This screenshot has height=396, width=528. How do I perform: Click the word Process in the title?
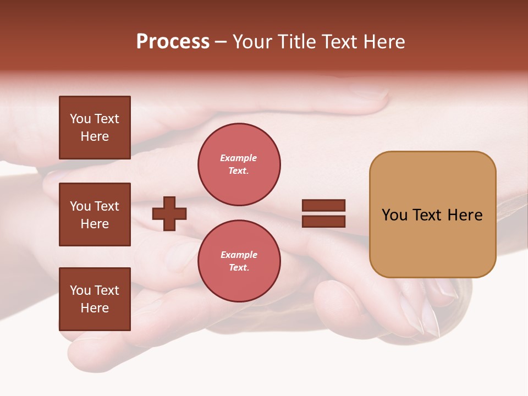coord(173,42)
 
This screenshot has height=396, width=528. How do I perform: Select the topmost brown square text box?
coord(95,128)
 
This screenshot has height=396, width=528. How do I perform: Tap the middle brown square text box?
coord(95,215)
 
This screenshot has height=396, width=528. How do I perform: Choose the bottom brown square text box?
coord(95,299)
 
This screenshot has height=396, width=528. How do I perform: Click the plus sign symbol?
coord(169,213)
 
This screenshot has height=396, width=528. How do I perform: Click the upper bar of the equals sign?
coord(323,206)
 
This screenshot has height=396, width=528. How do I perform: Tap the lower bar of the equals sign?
coord(323,221)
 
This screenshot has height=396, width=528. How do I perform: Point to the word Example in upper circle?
coord(238,158)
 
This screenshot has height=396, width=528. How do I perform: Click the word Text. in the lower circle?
coord(239,267)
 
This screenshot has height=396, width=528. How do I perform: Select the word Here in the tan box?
coord(465,215)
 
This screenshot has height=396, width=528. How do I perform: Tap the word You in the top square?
coord(80,119)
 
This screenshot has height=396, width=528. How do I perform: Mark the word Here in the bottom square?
coord(95,308)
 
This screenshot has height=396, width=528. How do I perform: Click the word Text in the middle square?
coord(107,206)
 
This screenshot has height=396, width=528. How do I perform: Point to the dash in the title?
coord(221,42)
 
